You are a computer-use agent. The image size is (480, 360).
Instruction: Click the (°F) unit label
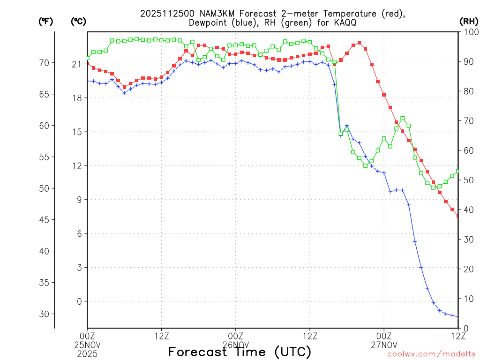45,21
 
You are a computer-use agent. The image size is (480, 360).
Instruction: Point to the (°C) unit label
78,21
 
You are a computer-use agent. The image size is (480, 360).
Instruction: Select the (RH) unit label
468,21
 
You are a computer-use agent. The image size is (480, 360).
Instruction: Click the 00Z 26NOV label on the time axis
235,340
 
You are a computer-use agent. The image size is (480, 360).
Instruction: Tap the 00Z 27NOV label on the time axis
384,340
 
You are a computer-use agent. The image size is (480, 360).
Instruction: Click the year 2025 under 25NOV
87,352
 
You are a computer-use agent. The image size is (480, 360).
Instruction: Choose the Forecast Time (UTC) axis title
240,352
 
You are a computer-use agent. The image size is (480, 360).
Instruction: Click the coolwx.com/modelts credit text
431,354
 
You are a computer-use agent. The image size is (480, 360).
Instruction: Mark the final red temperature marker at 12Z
458,216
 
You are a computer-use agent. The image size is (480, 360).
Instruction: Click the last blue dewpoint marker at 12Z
458,317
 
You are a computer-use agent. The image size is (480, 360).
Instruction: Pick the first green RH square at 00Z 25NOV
87,58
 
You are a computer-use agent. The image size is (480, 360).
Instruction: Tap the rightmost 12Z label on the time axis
458,336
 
